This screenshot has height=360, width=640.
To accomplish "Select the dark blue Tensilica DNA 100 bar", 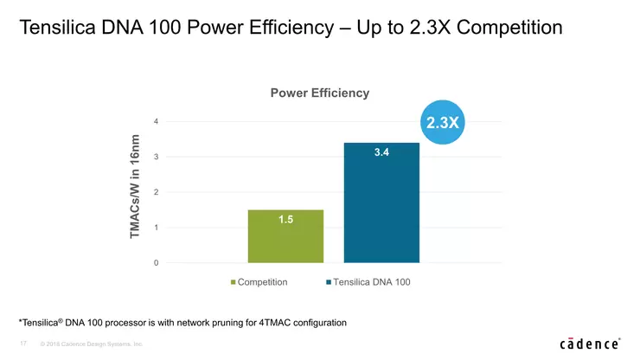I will [381, 208].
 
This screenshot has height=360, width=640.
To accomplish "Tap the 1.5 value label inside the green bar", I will [285, 220].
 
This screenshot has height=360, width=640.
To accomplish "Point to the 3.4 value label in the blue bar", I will [381, 152].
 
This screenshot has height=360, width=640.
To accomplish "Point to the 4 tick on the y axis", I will [156, 121].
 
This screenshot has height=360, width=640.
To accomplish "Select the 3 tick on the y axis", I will [156, 157].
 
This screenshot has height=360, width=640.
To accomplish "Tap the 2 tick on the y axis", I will [156, 192].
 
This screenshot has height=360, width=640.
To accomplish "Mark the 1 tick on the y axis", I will [156, 228].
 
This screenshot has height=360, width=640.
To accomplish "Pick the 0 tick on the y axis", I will [156, 263].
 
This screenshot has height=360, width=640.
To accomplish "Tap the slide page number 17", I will [23, 344].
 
